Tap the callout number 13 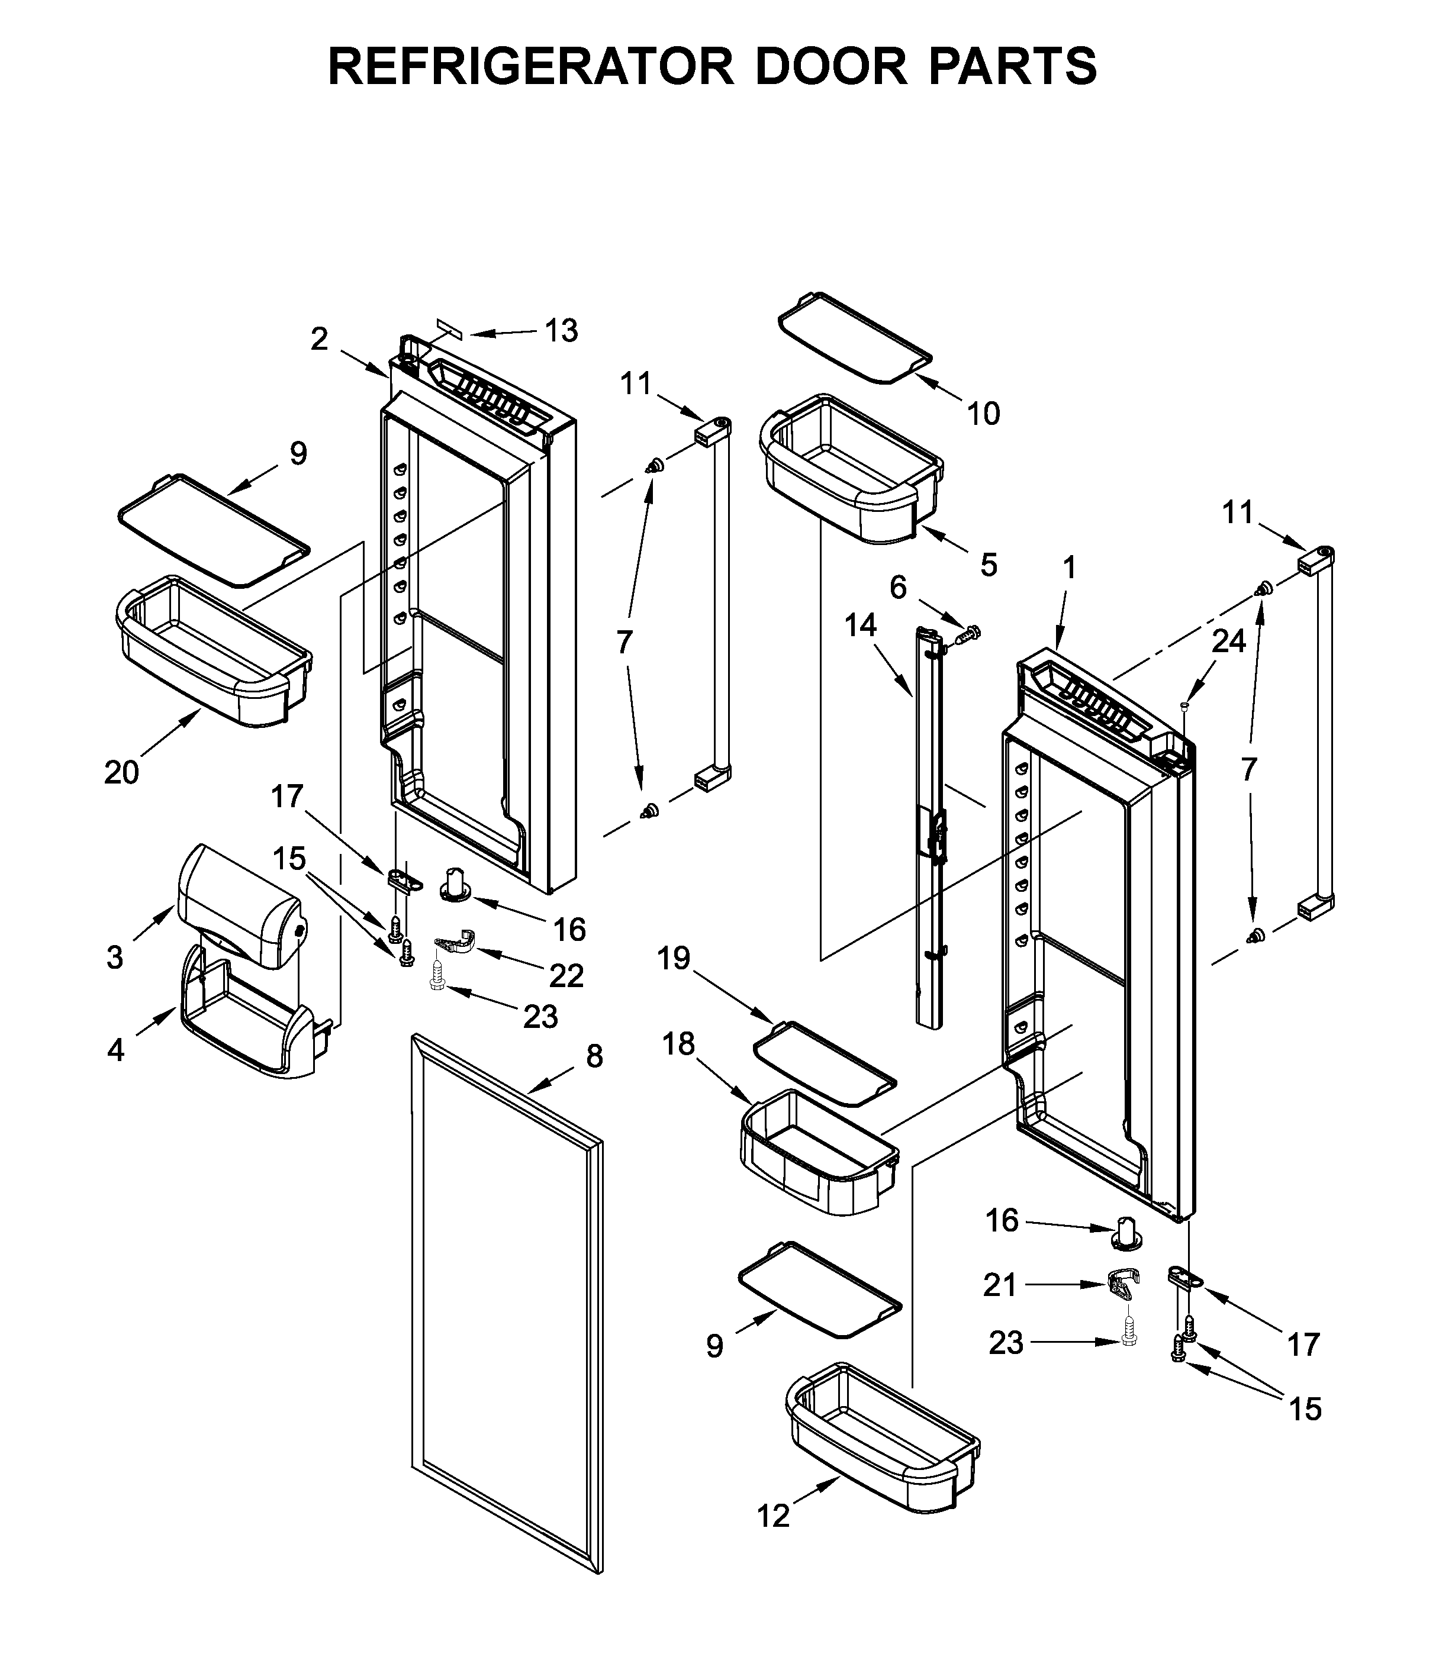point(561,331)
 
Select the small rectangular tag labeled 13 point(450,328)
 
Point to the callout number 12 point(773,1516)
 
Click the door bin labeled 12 point(883,1437)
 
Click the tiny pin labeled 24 point(1184,705)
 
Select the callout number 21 point(1000,1285)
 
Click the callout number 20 point(121,772)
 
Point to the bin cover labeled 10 point(855,337)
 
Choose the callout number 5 point(989,565)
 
